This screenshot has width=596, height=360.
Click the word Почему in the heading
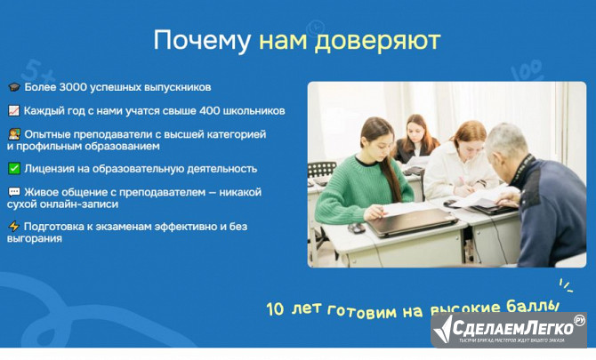(x=202, y=41)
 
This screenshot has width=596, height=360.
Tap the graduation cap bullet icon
(x=13, y=88)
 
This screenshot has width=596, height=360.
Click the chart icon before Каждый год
(x=13, y=111)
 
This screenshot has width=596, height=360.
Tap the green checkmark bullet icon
(x=13, y=168)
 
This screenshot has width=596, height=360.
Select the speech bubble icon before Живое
(x=13, y=191)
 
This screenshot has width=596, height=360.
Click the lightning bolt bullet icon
(x=13, y=226)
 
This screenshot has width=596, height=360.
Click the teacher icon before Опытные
(x=13, y=134)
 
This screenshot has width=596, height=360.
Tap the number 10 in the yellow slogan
(x=276, y=310)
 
